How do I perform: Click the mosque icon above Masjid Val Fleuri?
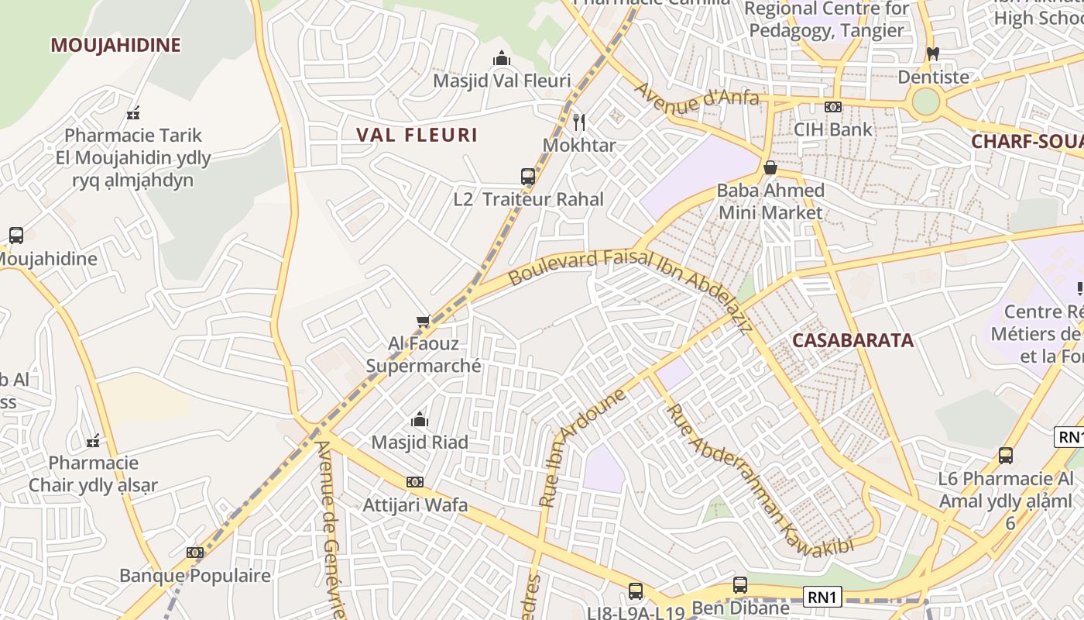tap(502, 59)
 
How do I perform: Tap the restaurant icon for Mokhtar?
tap(578, 122)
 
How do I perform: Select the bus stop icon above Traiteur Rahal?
tap(528, 176)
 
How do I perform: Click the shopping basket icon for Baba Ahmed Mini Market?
tap(770, 167)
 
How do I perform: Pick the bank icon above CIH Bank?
tap(833, 107)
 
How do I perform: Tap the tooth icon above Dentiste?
tap(932, 54)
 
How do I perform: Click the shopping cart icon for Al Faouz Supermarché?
tap(423, 321)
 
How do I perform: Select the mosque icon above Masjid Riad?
tap(420, 420)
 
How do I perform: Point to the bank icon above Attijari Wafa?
tap(415, 482)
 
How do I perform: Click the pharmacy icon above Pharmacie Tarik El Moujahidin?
tap(133, 113)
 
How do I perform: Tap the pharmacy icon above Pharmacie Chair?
tap(93, 441)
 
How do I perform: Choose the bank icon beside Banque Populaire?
tap(195, 553)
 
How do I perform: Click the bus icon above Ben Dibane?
tap(740, 585)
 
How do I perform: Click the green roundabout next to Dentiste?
tap(925, 102)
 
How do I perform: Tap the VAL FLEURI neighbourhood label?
tap(417, 135)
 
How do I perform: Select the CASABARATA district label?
tap(852, 340)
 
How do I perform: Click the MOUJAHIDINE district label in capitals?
tap(115, 45)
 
